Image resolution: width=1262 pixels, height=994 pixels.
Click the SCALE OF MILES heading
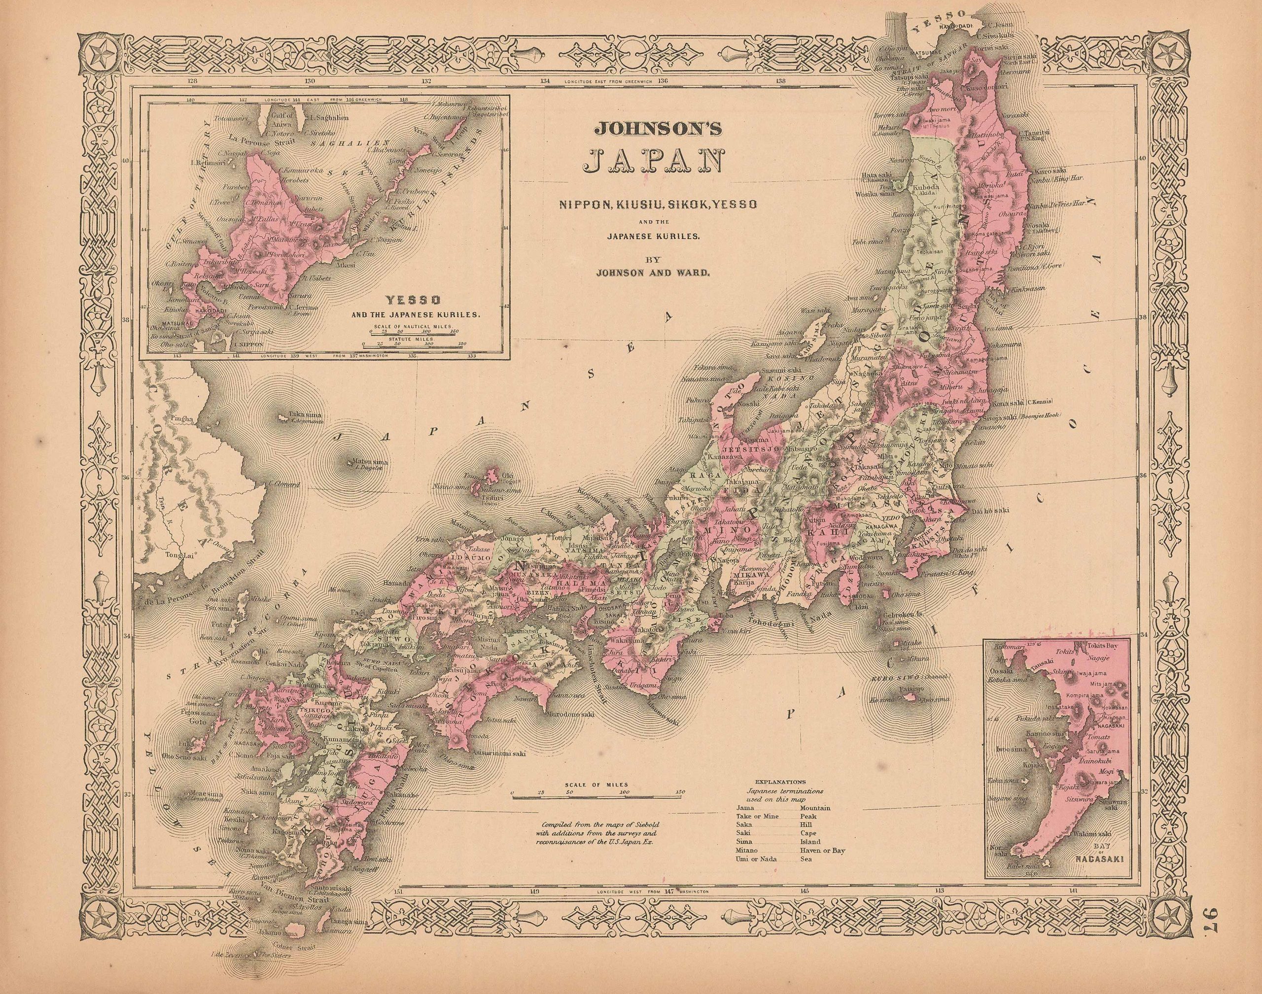tap(596, 785)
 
